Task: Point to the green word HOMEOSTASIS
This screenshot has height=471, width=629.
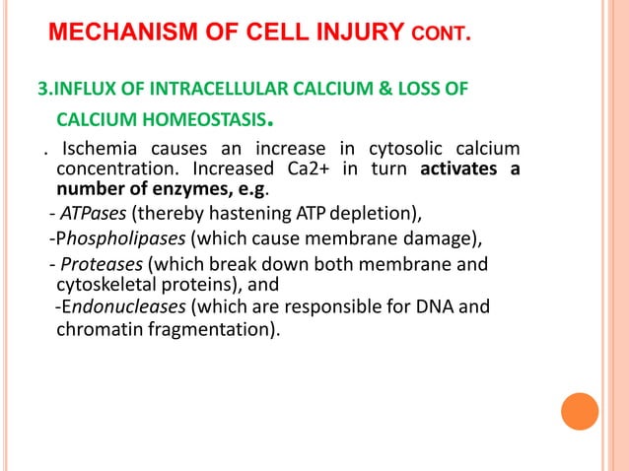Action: point(204,122)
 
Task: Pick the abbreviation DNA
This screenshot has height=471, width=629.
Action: point(438,306)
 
